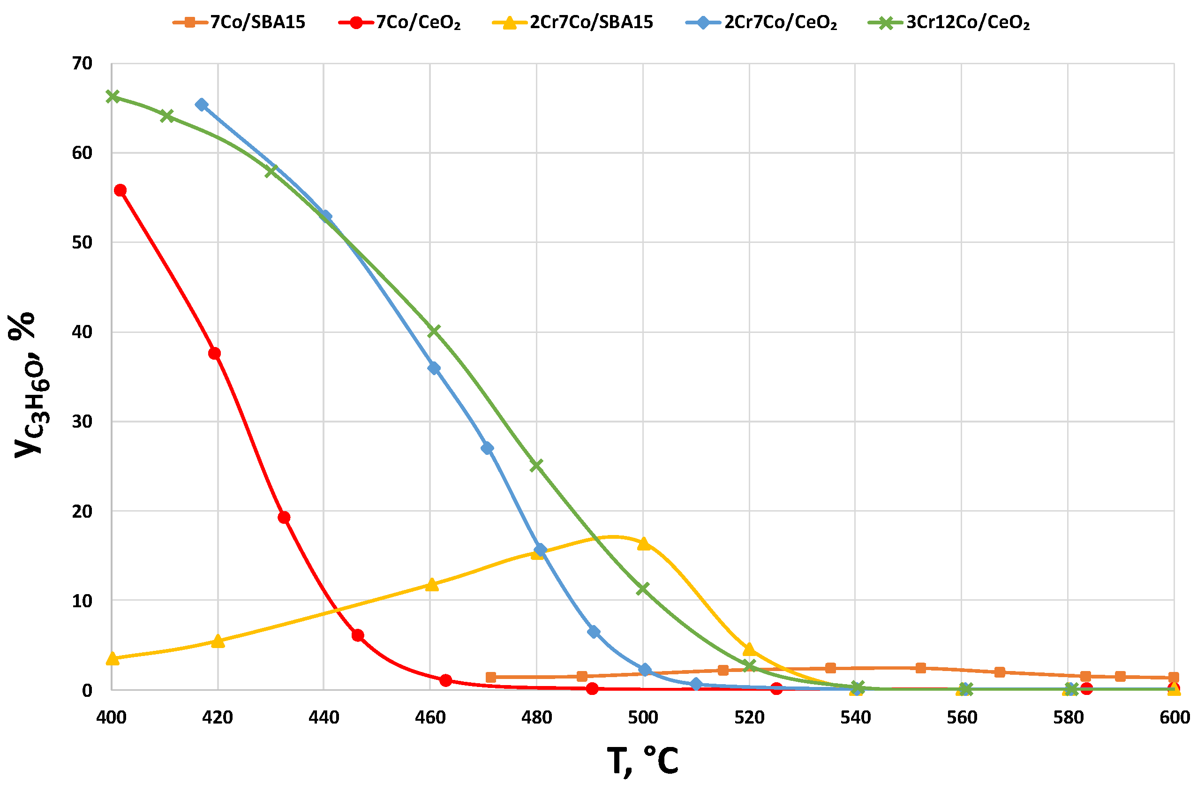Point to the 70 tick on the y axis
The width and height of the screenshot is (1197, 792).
[83, 64]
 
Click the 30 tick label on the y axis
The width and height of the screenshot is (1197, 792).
[83, 421]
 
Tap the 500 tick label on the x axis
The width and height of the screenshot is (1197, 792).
[642, 718]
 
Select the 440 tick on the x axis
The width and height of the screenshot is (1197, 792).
[323, 718]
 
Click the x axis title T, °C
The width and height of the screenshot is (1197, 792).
[642, 762]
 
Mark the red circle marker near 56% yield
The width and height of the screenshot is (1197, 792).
[120, 190]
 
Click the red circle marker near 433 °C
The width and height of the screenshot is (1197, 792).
[284, 517]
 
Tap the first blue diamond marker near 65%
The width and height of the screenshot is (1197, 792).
[202, 105]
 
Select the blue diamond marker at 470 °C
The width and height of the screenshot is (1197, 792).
[488, 448]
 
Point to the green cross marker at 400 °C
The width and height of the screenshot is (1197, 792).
[113, 97]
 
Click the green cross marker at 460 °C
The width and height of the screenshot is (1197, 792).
[434, 331]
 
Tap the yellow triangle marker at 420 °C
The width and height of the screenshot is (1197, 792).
[218, 641]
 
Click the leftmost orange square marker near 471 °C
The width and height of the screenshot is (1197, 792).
[490, 677]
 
